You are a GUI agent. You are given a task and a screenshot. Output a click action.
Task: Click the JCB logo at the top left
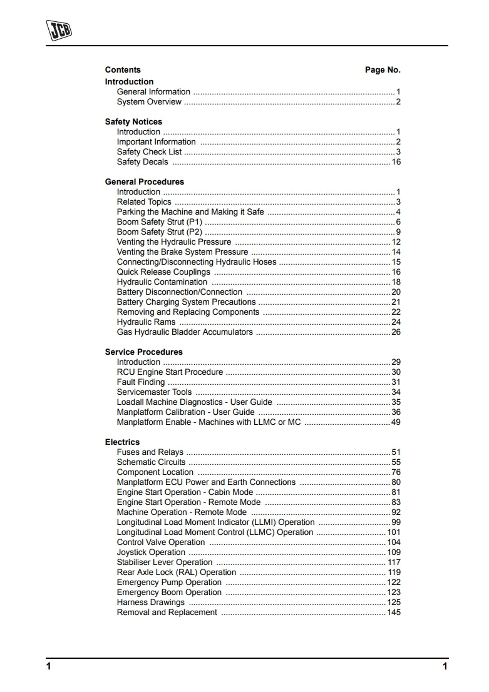click(59, 31)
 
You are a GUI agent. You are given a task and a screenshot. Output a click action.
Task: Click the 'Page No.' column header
click(383, 70)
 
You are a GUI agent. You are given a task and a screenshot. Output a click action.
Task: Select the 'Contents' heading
click(123, 70)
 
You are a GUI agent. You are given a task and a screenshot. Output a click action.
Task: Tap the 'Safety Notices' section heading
click(133, 122)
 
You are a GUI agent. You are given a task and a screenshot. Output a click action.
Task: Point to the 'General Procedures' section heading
click(145, 182)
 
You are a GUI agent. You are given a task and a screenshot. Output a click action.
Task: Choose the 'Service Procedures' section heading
click(144, 352)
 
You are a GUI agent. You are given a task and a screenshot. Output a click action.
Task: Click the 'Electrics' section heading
click(122, 442)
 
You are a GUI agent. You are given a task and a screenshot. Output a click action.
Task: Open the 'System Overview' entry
click(149, 102)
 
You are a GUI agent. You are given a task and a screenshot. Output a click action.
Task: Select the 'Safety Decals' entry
click(143, 162)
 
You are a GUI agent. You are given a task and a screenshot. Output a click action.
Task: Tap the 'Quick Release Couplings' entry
click(163, 272)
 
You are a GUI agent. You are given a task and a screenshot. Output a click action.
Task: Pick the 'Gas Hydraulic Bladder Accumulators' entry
click(185, 332)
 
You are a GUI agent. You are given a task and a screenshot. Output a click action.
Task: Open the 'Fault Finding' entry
click(141, 382)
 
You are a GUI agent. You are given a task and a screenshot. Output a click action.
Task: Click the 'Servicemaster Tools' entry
click(155, 392)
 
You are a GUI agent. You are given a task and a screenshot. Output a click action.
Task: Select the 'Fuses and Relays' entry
click(150, 452)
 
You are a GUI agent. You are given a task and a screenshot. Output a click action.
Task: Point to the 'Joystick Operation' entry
click(151, 552)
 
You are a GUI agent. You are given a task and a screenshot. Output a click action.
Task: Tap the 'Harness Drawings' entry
click(151, 603)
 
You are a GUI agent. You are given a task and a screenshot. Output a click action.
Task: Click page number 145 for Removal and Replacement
click(394, 613)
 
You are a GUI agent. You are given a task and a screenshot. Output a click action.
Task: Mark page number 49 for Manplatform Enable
click(396, 422)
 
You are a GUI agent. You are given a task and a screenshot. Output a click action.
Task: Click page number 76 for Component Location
click(396, 472)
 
